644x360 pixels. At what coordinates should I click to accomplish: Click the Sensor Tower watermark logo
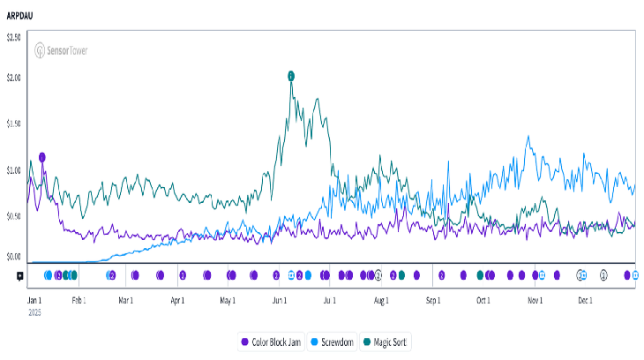[x=61, y=51]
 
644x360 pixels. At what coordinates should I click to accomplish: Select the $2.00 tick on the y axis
[x=14, y=78]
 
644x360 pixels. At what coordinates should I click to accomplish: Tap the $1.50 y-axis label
[x=14, y=124]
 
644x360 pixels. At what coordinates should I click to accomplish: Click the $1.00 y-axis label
[x=14, y=169]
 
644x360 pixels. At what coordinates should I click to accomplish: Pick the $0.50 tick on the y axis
[x=14, y=215]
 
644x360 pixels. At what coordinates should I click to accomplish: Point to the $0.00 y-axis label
[x=14, y=258]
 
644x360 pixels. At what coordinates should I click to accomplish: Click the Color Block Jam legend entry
[x=272, y=341]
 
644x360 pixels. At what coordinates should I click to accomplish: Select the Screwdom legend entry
[x=333, y=341]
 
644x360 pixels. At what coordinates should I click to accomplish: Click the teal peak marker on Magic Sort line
[x=291, y=76]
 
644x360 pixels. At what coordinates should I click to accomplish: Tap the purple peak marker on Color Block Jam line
[x=41, y=157]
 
